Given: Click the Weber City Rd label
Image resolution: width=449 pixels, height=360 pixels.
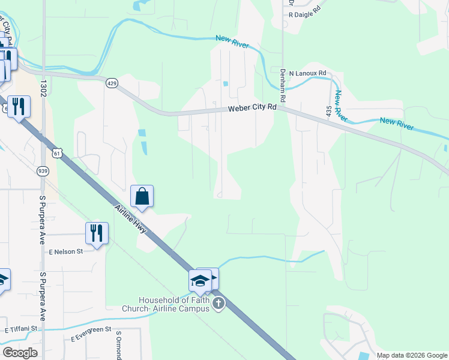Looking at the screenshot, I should tap(252, 109).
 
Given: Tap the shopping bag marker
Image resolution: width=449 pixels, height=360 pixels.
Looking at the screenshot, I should tap(142, 196).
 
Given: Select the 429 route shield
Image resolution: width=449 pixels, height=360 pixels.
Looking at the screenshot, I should tap(112, 82).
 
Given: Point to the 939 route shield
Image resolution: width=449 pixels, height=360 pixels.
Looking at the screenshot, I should tap(43, 171).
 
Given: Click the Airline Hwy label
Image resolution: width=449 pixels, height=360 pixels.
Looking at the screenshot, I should tap(130, 219).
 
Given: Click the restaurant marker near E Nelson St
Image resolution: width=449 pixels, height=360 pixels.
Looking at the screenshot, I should tap(96, 233).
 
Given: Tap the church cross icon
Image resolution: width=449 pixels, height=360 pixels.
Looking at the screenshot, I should tap(218, 304).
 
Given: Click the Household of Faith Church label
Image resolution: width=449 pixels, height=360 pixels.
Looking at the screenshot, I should tap(173, 304).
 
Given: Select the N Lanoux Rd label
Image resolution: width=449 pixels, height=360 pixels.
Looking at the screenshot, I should tap(307, 73).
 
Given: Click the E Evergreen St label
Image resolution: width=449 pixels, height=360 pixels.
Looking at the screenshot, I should tap(92, 334).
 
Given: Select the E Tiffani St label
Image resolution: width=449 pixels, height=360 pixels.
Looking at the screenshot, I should tap(21, 329).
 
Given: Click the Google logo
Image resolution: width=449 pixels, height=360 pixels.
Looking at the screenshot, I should tap(20, 352).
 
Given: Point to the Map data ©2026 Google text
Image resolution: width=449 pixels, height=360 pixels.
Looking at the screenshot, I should tap(411, 355).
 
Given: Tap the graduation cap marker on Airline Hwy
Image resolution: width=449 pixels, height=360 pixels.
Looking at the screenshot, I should tap(200, 280).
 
